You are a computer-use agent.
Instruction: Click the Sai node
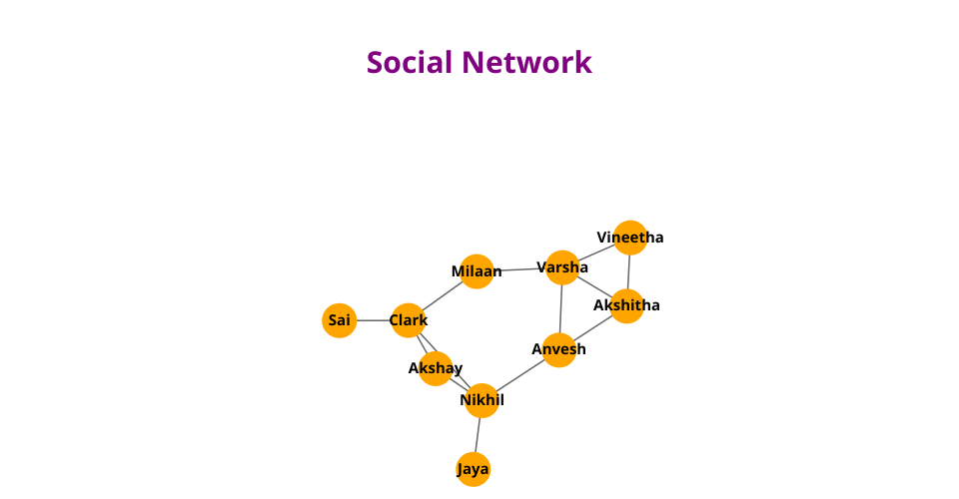click(340, 320)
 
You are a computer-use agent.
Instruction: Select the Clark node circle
click(408, 320)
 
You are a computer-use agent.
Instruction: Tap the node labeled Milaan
click(477, 271)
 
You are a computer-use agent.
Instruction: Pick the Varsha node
click(562, 267)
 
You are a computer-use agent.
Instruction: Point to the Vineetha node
click(630, 238)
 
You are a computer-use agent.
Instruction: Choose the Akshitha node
click(626, 305)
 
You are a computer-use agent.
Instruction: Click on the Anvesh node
click(559, 349)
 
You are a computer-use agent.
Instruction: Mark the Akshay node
click(436, 368)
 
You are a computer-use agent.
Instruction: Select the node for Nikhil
click(481, 400)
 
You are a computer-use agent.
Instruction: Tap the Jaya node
click(474, 469)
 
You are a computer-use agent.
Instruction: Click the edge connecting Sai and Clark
click(373, 320)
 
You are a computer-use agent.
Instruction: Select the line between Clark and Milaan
click(443, 295)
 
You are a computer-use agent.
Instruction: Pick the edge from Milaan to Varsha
click(519, 269)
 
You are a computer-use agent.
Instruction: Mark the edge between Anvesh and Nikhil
click(520, 375)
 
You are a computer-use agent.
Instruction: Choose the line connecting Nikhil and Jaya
click(478, 435)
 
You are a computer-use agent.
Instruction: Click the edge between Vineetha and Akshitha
click(628, 271)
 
